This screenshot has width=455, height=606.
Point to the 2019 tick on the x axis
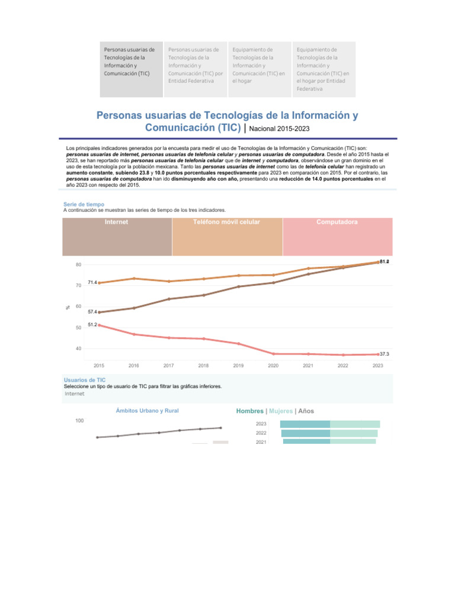[238, 366]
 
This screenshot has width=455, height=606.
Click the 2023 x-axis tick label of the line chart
[377, 366]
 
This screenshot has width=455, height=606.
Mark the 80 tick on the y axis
[78, 265]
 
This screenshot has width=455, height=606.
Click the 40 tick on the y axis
[78, 349]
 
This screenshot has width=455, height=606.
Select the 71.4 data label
[92, 282]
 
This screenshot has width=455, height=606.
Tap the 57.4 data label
[92, 312]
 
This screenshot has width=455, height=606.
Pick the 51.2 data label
[92, 325]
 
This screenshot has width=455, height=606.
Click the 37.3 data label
[384, 354]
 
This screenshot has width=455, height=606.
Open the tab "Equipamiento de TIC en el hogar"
[259, 65]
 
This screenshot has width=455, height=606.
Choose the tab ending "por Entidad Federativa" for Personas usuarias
[195, 65]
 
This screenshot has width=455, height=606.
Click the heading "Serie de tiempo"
[84, 204]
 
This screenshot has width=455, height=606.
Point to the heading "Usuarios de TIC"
[84, 380]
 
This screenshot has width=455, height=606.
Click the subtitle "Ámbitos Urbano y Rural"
[147, 411]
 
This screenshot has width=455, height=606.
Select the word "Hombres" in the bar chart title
[249, 411]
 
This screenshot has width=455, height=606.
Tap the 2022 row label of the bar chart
[261, 433]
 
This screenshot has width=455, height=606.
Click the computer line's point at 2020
[273, 354]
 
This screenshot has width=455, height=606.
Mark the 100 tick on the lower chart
[79, 420]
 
